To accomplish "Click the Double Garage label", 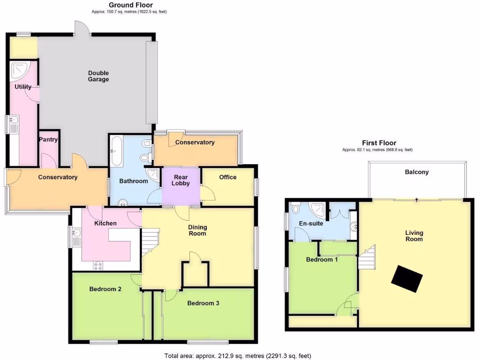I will [98, 76].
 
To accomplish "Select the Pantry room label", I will [48, 139].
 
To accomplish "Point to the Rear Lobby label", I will [181, 180].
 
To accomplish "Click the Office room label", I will [228, 177].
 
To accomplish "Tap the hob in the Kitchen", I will [98, 266].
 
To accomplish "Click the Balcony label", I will [416, 172].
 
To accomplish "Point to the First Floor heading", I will [379, 143].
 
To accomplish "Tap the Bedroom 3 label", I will [203, 303].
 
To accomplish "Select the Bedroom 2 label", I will [105, 289].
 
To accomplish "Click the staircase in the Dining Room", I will [150, 240].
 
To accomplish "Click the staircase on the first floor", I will [367, 257].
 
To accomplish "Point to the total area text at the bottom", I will [238, 355].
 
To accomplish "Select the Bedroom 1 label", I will [322, 259].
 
